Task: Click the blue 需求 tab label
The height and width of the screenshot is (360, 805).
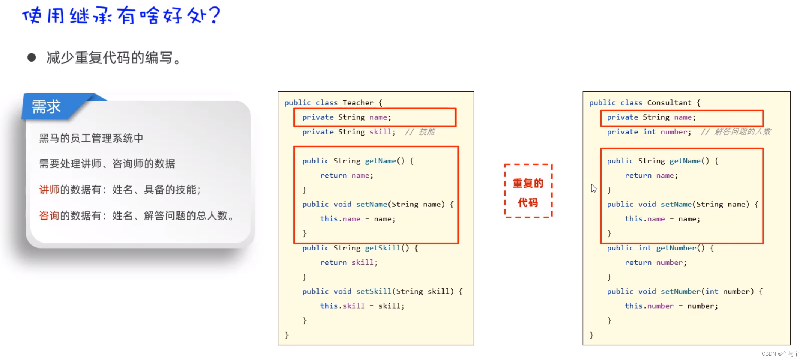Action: click(46, 107)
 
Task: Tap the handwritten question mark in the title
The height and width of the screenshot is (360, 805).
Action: click(215, 15)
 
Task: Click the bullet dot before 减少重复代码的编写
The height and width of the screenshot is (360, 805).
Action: click(32, 57)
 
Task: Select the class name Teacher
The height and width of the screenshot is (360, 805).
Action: click(358, 102)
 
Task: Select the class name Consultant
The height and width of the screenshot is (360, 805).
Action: click(669, 102)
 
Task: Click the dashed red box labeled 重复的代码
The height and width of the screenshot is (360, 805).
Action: click(528, 191)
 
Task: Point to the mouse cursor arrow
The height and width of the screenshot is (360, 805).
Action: click(593, 188)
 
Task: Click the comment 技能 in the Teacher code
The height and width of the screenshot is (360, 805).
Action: click(427, 132)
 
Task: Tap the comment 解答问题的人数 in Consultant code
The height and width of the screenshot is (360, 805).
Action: click(742, 132)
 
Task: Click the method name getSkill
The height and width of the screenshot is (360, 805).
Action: click(382, 248)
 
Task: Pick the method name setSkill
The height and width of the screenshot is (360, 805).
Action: click(373, 291)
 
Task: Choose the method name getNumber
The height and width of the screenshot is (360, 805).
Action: click(676, 248)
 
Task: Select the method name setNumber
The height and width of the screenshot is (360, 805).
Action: click(680, 291)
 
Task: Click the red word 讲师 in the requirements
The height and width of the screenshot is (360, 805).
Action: click(49, 190)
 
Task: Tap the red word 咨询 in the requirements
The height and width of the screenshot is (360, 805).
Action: click(49, 215)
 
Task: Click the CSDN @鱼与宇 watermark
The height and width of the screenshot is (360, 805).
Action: click(780, 354)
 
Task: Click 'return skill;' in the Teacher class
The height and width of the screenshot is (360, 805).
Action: click(349, 262)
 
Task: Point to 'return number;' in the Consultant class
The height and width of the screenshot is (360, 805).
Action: click(656, 262)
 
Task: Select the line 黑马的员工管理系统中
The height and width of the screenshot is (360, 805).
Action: click(91, 138)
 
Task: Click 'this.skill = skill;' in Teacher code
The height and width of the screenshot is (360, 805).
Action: click(362, 306)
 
